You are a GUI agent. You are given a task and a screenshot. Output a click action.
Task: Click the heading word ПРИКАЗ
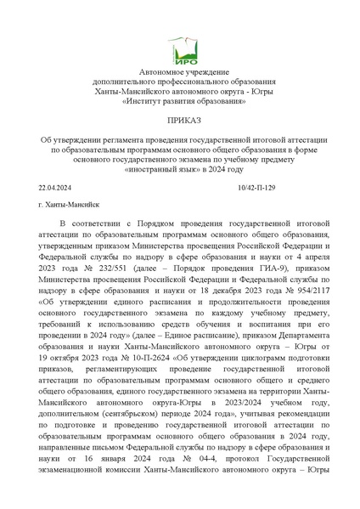click(179, 123)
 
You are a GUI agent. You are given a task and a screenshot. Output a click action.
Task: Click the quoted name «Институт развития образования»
click(179, 102)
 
